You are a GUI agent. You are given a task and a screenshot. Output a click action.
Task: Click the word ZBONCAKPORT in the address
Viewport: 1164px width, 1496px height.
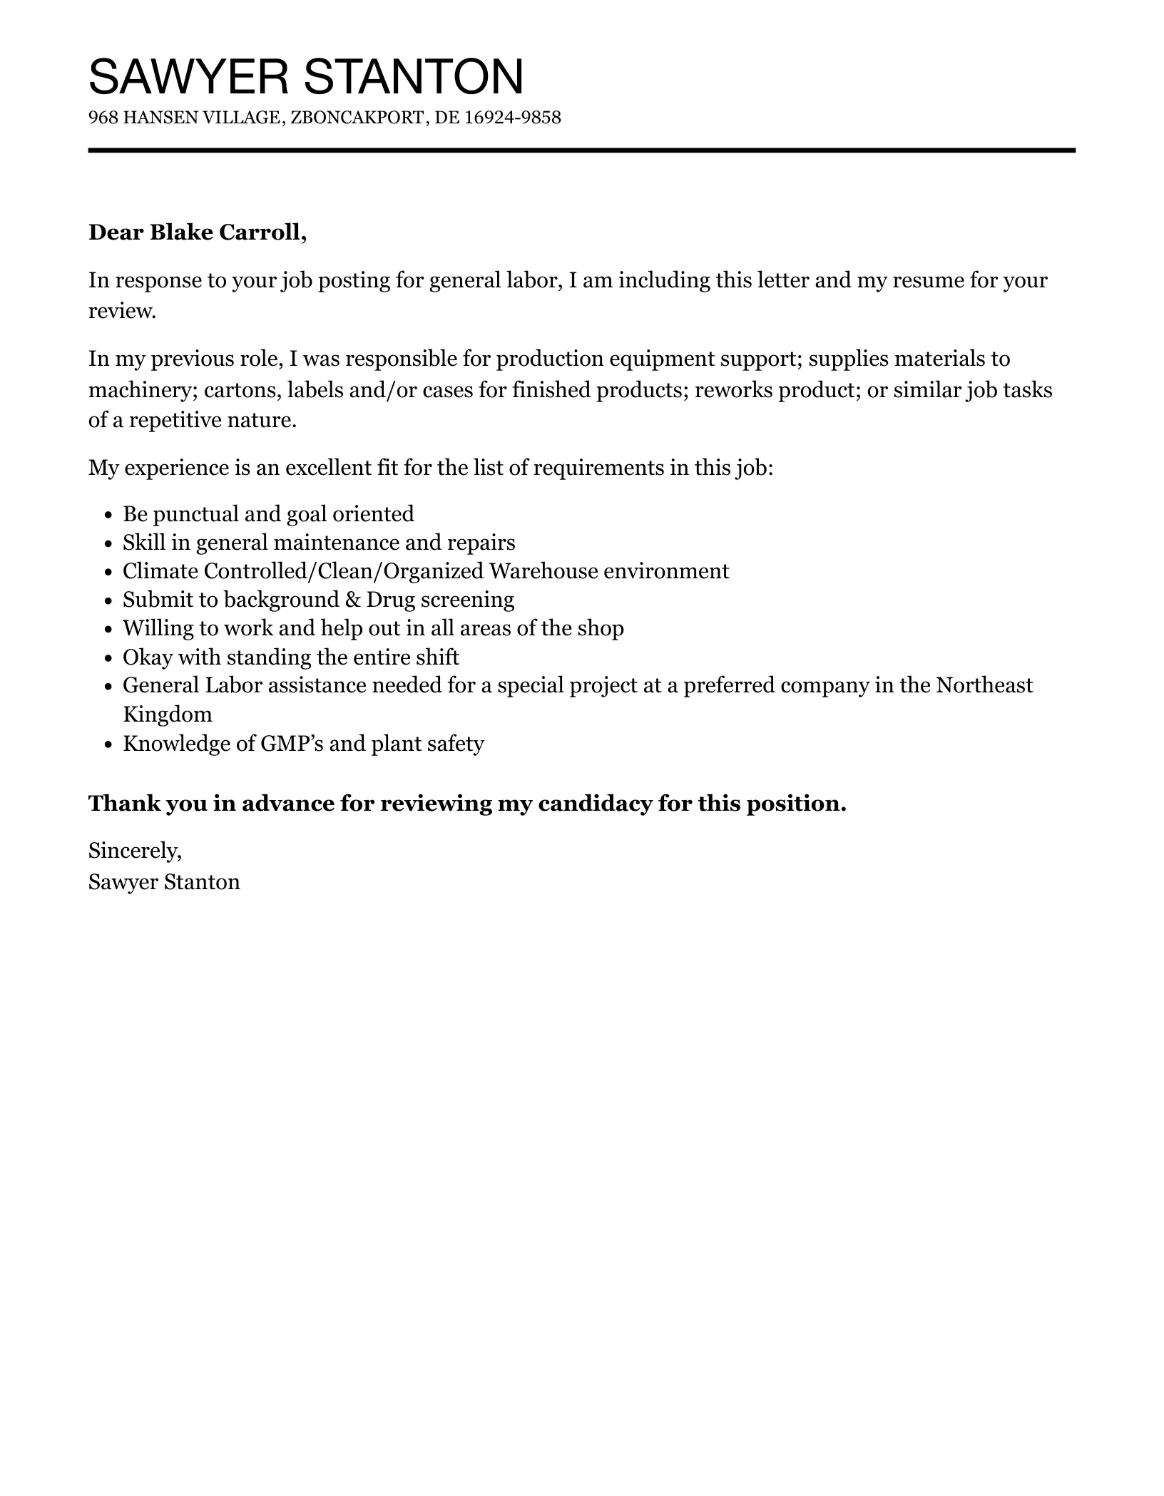pos(357,118)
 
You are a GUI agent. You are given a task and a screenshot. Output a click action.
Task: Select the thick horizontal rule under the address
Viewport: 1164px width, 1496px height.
pos(581,150)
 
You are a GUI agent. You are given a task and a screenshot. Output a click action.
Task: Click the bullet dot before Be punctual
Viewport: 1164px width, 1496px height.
pos(108,515)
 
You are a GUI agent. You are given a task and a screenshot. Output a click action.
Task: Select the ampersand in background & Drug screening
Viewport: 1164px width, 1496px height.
pos(354,600)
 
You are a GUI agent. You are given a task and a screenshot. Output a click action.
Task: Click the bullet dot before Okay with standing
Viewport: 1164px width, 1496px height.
pos(108,657)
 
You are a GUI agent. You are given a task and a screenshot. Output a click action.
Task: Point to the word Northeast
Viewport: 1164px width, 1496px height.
pos(984,685)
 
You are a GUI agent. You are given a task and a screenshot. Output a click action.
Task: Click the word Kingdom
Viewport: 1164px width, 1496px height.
pos(167,714)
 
